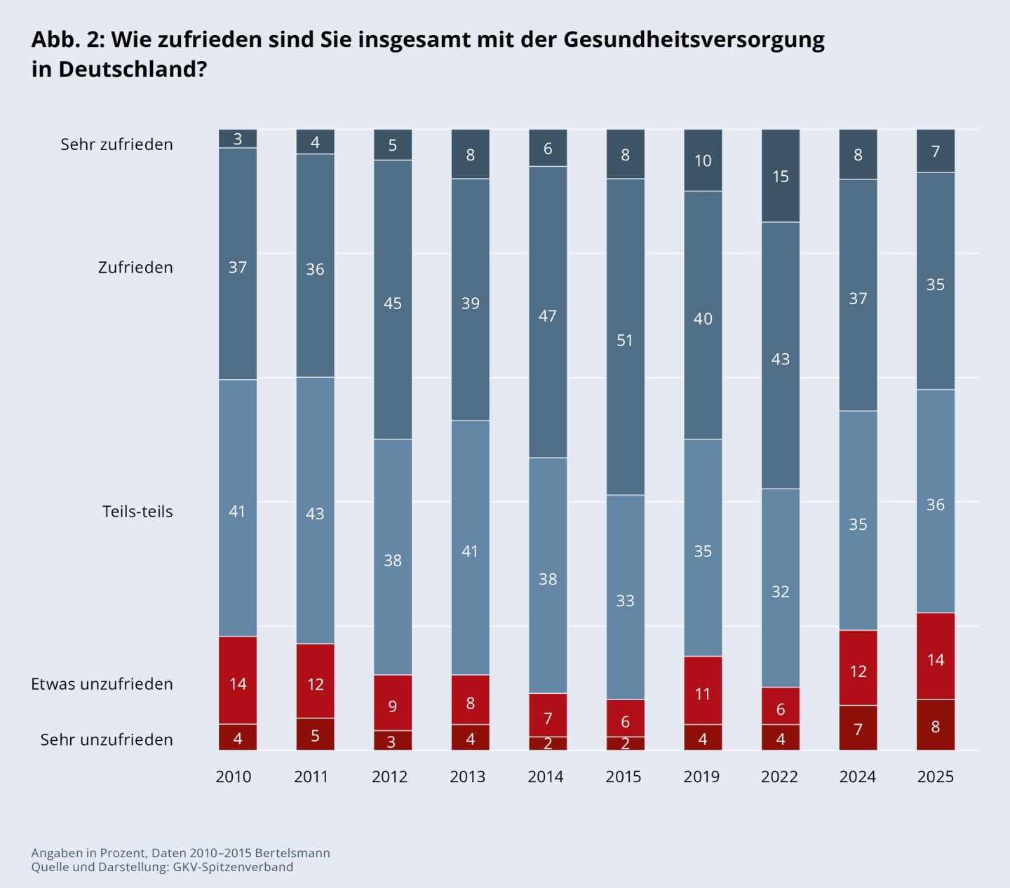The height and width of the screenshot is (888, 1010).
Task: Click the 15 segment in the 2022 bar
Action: click(781, 176)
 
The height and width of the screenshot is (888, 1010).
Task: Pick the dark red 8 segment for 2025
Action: click(936, 725)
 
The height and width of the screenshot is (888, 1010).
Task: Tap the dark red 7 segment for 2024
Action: click(858, 728)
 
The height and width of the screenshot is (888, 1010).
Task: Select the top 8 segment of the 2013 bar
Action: click(471, 154)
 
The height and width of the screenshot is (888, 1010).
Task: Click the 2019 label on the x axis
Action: click(701, 777)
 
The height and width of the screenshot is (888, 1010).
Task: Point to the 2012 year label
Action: click(390, 777)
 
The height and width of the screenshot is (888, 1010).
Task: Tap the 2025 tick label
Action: click(936, 777)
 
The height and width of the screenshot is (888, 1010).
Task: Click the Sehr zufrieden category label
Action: click(116, 144)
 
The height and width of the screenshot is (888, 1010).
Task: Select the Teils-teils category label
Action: click(137, 512)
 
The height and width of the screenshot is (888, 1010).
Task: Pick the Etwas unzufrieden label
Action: click(102, 684)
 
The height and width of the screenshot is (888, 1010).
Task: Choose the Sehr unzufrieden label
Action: click(107, 739)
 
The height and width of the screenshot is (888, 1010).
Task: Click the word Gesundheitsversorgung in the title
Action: click(694, 39)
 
